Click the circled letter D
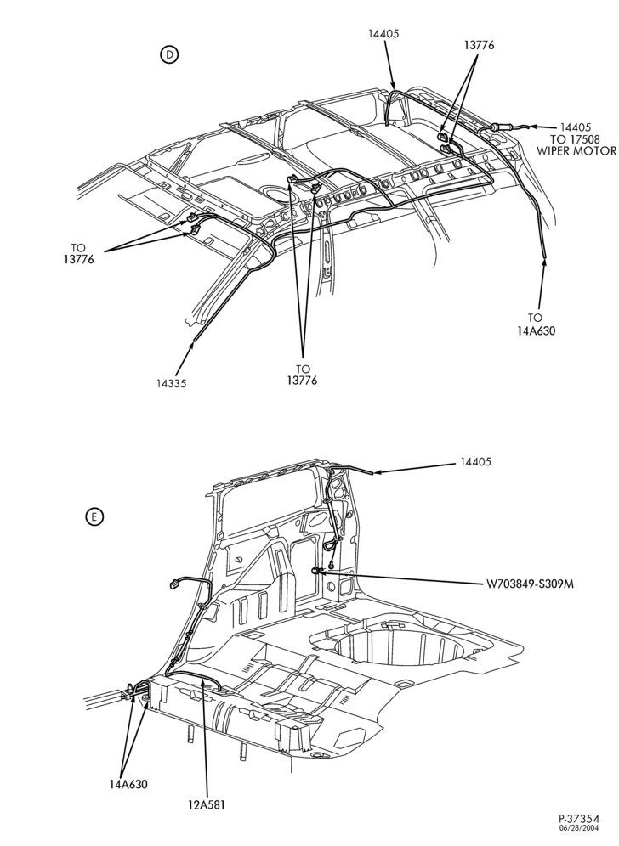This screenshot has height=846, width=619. pyautogui.click(x=169, y=54)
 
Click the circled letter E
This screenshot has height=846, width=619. pyautogui.click(x=94, y=517)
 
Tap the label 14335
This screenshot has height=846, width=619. pyautogui.click(x=172, y=384)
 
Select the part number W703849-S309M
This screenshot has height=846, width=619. pyautogui.click(x=529, y=584)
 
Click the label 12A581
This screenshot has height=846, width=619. pyautogui.click(x=207, y=805)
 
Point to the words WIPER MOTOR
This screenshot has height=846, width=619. pyautogui.click(x=576, y=150)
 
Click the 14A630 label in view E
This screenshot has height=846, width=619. pyautogui.click(x=128, y=784)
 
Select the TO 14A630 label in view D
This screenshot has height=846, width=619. pyautogui.click(x=535, y=324)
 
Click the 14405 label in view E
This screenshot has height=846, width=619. pyautogui.click(x=476, y=462)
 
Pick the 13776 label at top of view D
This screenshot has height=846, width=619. pyautogui.click(x=479, y=45)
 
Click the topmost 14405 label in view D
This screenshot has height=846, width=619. pyautogui.click(x=383, y=33)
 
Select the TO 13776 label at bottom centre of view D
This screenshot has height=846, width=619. pyautogui.click(x=303, y=375)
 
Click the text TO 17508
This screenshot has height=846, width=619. pyautogui.click(x=576, y=139)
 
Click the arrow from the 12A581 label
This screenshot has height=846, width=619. pyautogui.click(x=205, y=739)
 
